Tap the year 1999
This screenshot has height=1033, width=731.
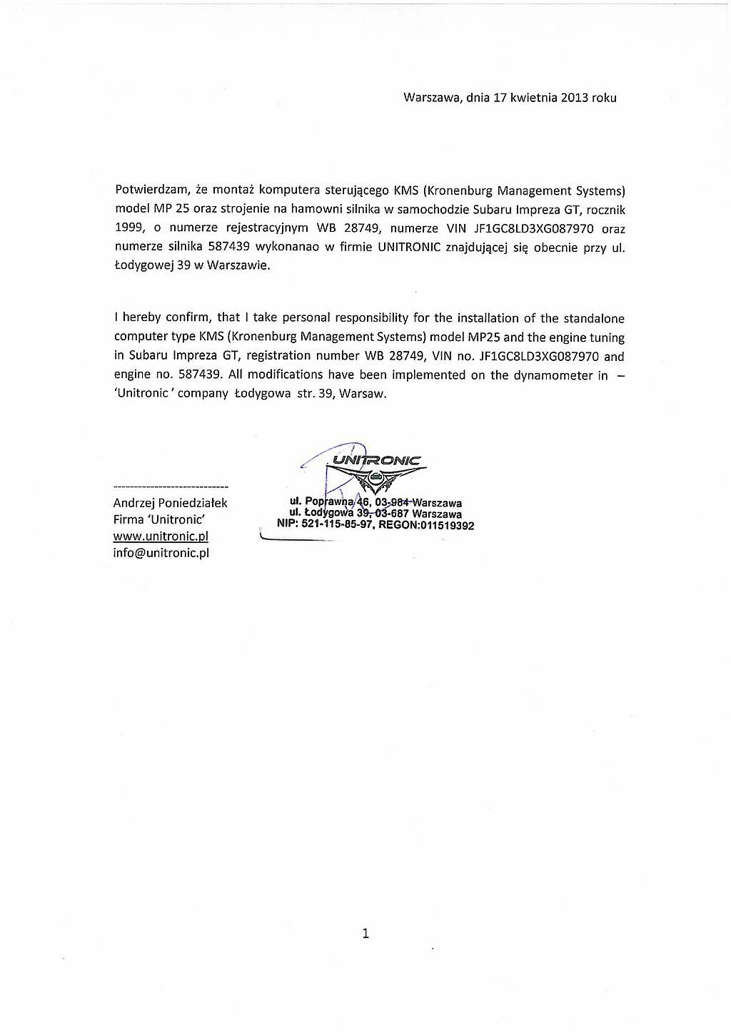[x=128, y=228]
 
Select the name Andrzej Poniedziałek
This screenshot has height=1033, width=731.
[x=170, y=503]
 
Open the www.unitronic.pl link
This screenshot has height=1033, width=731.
[x=161, y=536]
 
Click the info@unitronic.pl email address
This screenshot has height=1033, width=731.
[x=161, y=553]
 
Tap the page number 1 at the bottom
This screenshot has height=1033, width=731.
[x=365, y=932]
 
